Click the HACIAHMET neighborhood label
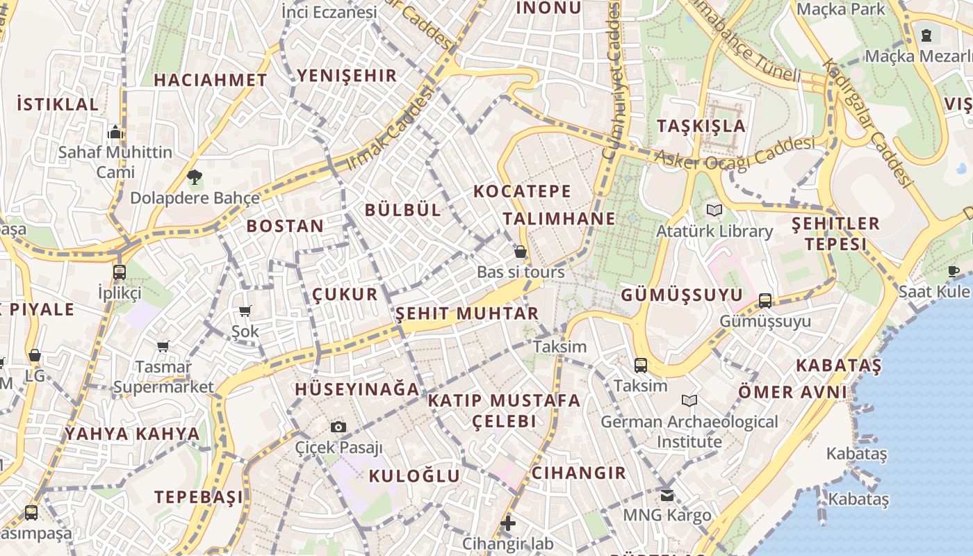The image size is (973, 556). pos(210,80)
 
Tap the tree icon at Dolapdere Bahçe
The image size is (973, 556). pos(195,178)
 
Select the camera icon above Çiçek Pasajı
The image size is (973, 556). pos(338,426)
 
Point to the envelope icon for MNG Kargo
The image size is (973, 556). pos(667,495)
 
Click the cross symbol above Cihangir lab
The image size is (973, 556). pos(508,523)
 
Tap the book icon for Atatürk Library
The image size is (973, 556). pos(714,210)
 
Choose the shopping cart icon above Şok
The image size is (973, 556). pos(245,311)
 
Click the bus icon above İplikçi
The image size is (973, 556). pos(119,272)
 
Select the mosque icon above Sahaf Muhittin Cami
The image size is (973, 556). pos(115,132)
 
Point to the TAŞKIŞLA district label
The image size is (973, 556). pos(701,126)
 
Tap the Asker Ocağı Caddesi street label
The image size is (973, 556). pos(734,155)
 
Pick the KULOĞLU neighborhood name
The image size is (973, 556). pos(414,476)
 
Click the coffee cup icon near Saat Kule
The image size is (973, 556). pos(954,271)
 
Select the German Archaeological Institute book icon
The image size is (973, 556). pos(689,401)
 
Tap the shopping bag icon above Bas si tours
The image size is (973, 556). pos(520,252)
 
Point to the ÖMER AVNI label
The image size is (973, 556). pos(793,392)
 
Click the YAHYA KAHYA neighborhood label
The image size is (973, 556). pos(132,434)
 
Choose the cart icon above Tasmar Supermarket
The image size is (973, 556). pos(163,346)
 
